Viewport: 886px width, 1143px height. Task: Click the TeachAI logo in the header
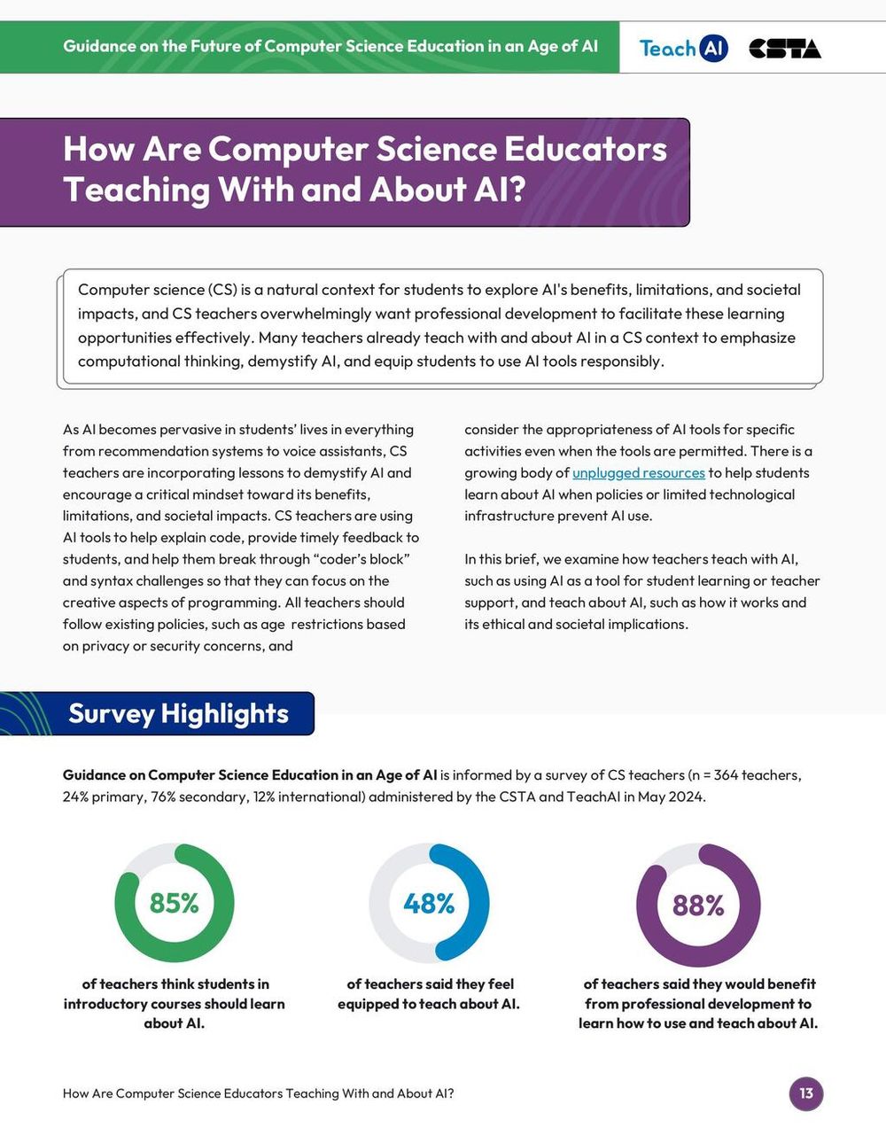coord(683,48)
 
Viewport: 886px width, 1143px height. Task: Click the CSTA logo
coord(784,49)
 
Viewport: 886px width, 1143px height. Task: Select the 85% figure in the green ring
coord(174,903)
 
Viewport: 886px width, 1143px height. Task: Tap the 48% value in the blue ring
coord(429,903)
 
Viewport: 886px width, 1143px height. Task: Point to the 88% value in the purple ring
coord(698,905)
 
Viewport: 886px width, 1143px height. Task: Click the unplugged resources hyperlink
coord(638,473)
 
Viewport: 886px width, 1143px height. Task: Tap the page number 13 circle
coord(805,1093)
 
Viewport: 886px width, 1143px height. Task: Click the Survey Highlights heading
coord(178,714)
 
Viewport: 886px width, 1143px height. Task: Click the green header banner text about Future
coord(330,46)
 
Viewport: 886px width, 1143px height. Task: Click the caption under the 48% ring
coord(429,994)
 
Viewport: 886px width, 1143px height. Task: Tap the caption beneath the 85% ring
coord(174,1004)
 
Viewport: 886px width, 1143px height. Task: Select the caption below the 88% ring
coord(698,1004)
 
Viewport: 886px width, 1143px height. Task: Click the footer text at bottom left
coord(258,1093)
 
